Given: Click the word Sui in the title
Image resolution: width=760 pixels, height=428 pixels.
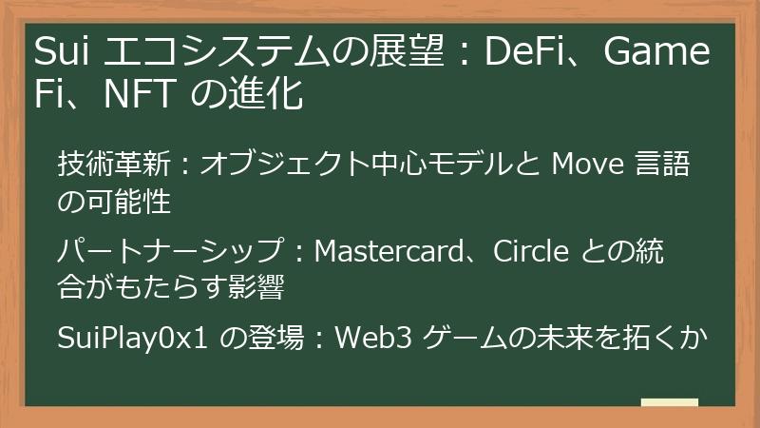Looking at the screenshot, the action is coord(62,51).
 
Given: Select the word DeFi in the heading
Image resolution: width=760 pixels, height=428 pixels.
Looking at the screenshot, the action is coord(524,51).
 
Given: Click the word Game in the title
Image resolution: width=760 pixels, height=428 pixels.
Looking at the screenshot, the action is coord(656,51).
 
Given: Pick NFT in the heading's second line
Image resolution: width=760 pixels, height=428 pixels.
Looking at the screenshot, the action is coord(139,93).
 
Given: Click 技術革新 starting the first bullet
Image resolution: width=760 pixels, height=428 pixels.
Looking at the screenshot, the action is coord(114,164).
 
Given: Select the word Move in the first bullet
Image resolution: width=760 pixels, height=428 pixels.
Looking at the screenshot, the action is coord(587,164).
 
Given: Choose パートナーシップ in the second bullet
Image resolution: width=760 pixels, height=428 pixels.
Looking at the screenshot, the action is coord(171,251).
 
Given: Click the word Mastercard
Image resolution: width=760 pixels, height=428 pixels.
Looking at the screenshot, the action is coord(389,251).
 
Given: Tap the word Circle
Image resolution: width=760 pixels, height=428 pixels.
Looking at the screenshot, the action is coord(531,251).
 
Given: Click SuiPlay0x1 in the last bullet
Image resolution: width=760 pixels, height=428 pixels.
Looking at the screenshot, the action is coord(132,339).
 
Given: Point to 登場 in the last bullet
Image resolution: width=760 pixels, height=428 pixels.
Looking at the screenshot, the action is coord(276,338).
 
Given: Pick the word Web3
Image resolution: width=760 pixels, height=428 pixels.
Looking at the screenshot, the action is coord(373,338).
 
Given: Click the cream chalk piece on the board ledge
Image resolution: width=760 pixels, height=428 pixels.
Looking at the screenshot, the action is coord(670,402).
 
